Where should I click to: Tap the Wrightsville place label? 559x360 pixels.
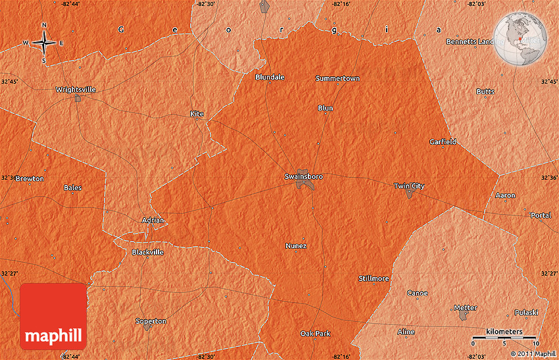tap(76, 90)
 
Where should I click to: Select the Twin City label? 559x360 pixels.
tap(408, 186)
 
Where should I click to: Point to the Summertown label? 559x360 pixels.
tap(337, 78)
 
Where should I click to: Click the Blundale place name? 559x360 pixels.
tap(270, 77)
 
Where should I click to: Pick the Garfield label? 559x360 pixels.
tap(443, 141)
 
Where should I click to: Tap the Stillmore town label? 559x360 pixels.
tap(374, 278)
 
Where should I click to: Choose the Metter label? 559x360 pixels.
tap(464, 307)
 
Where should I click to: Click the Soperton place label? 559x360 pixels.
tap(151, 321)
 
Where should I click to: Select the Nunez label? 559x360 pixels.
tap(296, 245)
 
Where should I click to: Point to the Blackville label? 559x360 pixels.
tap(147, 252)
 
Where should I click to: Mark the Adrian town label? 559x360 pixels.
tap(153, 220)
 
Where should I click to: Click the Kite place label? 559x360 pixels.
tap(197, 114)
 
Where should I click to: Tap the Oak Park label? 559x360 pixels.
tap(315, 334)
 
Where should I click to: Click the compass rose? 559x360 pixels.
tap(44, 43)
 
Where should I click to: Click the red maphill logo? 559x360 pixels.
tap(53, 317)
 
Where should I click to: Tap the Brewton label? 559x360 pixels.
tap(30, 178)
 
